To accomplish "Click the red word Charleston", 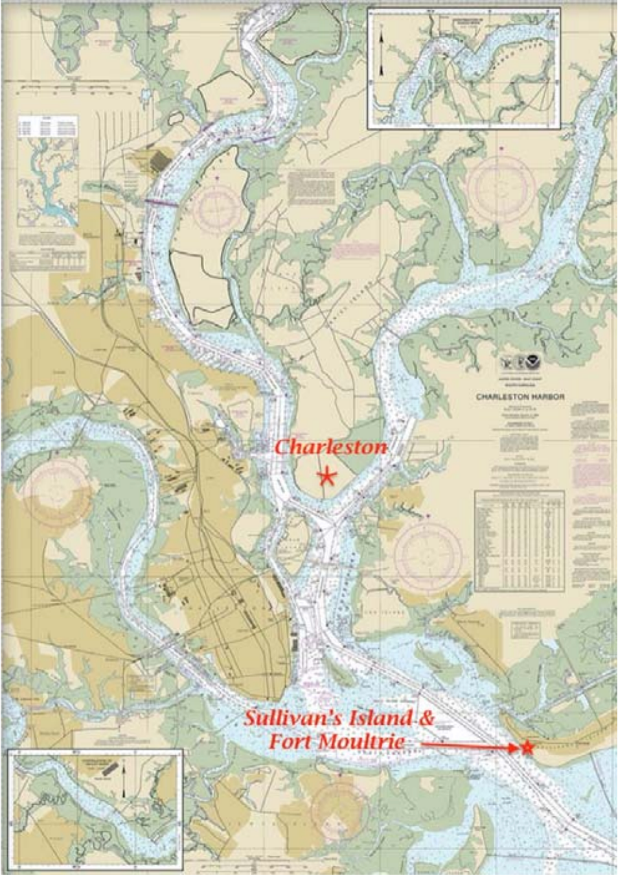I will tap(331, 447).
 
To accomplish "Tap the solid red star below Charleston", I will tap(327, 477).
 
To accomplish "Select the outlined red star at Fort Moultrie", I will tap(527, 748).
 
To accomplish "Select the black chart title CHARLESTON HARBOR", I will tap(520, 397).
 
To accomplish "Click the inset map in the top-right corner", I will tap(463, 68).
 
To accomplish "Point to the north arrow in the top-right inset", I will tap(382, 52).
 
